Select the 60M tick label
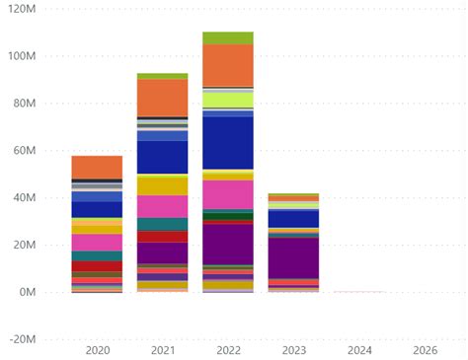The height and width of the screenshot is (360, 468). pyautogui.click(x=22, y=151)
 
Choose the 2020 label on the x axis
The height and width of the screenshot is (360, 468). pyautogui.click(x=97, y=350)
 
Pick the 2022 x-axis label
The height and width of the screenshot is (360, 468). pyautogui.click(x=227, y=350)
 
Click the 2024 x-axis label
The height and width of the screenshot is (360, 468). pyautogui.click(x=358, y=350)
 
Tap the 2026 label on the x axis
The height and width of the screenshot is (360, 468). pyautogui.click(x=425, y=350)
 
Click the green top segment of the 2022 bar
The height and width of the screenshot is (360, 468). pyautogui.click(x=227, y=38)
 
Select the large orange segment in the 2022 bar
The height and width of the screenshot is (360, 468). pyautogui.click(x=227, y=65)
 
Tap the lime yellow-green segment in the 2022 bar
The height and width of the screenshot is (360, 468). pyautogui.click(x=227, y=100)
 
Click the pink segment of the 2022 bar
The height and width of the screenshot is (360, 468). pyautogui.click(x=227, y=194)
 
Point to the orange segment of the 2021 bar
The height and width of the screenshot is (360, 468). pyautogui.click(x=162, y=98)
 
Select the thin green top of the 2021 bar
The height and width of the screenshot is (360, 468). pyautogui.click(x=162, y=76)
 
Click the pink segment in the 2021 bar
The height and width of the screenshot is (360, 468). pyautogui.click(x=162, y=206)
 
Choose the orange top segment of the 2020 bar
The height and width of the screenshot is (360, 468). pyautogui.click(x=97, y=167)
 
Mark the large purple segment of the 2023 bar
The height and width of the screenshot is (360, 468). pyautogui.click(x=293, y=257)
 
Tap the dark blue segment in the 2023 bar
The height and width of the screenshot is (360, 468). pyautogui.click(x=293, y=218)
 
